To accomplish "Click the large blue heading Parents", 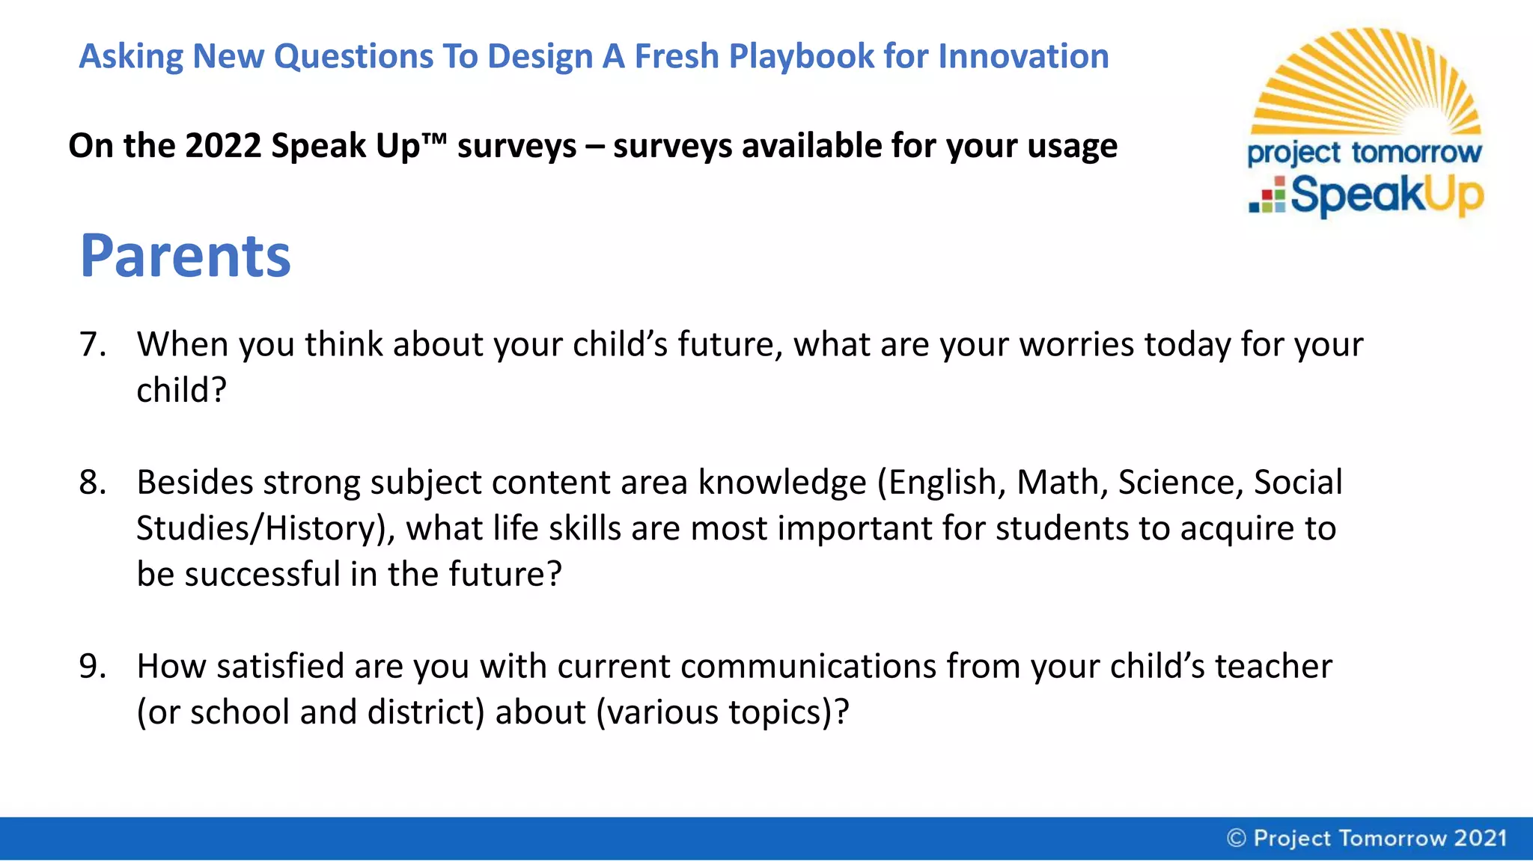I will click(185, 256).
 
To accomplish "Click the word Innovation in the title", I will click(1023, 56).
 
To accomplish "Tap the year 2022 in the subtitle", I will click(222, 145).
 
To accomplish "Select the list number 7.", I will click(93, 344).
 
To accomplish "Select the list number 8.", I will click(93, 483).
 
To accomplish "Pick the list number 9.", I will click(93, 666).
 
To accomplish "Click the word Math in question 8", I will click(1061, 483).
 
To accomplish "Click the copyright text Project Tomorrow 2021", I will click(1368, 838).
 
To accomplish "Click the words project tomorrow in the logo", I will click(1364, 153).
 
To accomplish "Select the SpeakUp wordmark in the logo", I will click(1386, 195).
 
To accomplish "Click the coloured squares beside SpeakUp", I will click(1267, 195).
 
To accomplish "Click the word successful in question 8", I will click(262, 574).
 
